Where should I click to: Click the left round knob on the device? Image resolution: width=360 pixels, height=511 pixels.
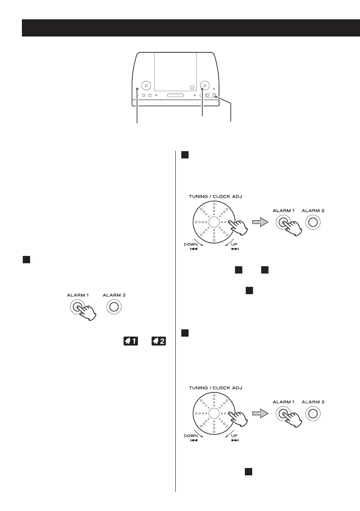(146, 85)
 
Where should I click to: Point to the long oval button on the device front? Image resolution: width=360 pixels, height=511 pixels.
(175, 95)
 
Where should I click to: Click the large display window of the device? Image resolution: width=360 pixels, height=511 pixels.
(175, 71)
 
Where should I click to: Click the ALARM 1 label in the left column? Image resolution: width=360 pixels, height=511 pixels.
(77, 295)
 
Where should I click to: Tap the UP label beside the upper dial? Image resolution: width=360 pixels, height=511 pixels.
(235, 244)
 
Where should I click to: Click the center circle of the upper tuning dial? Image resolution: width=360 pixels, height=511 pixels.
(214, 222)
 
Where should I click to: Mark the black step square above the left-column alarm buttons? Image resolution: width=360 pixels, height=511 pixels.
(26, 260)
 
